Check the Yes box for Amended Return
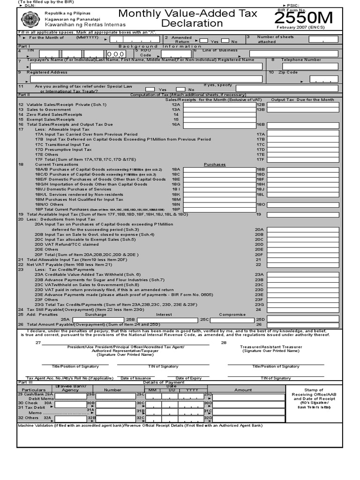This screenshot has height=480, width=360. click(x=204, y=41)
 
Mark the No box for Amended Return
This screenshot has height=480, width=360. click(x=225, y=41)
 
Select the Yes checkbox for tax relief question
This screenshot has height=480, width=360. click(x=150, y=89)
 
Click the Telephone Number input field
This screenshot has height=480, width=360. click(x=310, y=67)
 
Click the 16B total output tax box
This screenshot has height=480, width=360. click(x=303, y=124)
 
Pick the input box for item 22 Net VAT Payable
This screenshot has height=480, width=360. click(x=303, y=264)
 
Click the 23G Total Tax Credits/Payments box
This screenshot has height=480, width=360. click(x=303, y=304)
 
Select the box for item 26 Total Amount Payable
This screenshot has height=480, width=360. click(x=303, y=324)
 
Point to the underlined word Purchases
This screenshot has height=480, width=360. click(x=215, y=165)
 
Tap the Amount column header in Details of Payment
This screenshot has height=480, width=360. click(x=243, y=390)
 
